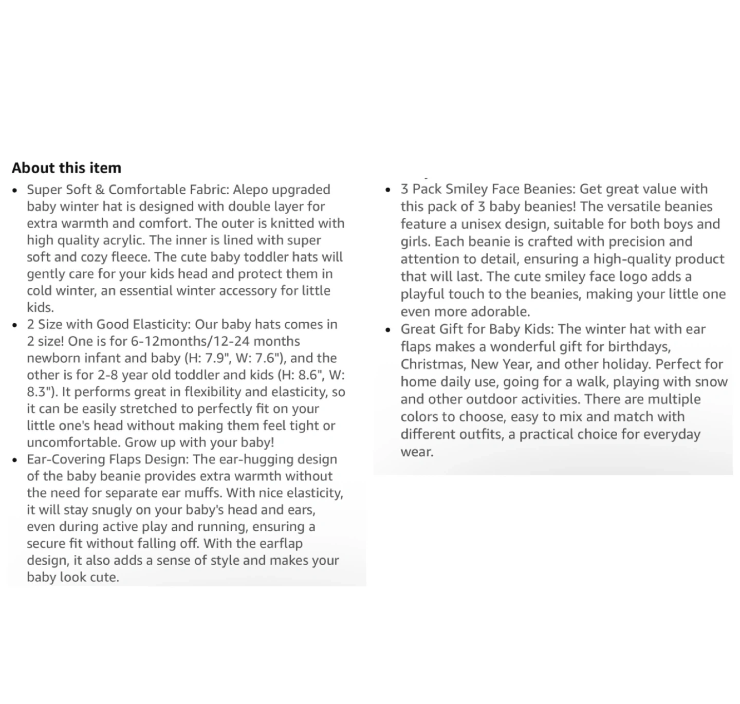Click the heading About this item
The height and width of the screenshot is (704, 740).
click(66, 168)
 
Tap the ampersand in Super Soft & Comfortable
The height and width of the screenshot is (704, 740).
click(99, 190)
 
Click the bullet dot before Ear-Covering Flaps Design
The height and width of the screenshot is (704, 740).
click(15, 460)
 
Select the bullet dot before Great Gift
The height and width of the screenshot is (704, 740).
click(388, 329)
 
